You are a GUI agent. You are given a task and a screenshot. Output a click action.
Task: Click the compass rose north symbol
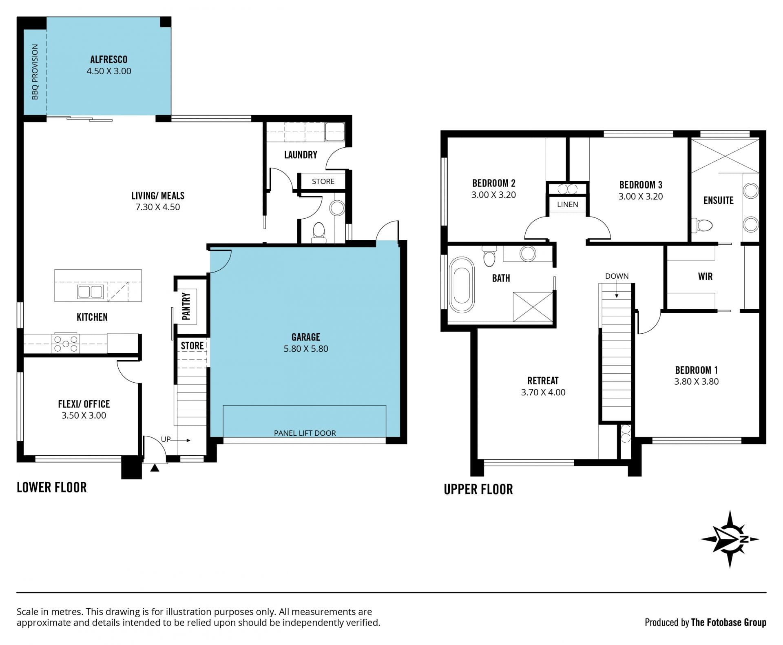[730, 539]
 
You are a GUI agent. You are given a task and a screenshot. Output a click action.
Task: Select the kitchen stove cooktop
[66, 343]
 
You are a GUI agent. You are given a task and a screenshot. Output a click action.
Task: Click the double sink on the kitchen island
[91, 292]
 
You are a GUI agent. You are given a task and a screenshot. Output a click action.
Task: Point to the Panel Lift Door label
[305, 433]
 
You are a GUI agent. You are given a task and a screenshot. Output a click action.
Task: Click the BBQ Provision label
[35, 72]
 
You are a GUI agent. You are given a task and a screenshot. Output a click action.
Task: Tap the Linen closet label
[567, 204]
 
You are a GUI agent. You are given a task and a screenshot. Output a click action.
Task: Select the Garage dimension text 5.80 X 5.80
[306, 349]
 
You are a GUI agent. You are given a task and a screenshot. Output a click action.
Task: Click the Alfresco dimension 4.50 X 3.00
[109, 71]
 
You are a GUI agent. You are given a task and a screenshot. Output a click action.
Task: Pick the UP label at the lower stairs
[166, 439]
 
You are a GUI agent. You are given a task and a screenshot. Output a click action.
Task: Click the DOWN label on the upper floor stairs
[617, 276]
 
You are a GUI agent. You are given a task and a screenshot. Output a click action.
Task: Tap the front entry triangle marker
[155, 468]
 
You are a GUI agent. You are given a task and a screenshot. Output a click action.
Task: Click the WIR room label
[705, 277]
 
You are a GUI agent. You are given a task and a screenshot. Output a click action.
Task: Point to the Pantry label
[186, 306]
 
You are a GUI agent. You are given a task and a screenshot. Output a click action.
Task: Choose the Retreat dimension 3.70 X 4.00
[543, 392]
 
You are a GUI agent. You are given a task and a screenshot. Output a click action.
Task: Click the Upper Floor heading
[478, 489]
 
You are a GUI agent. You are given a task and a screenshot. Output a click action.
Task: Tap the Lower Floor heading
[52, 487]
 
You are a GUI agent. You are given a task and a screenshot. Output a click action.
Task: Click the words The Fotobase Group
[728, 622]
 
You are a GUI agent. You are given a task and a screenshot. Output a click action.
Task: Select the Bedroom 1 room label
[696, 370]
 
